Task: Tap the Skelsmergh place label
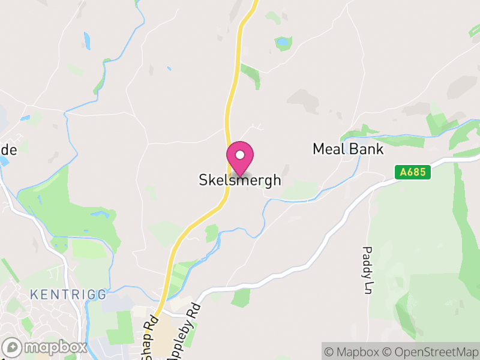[x=240, y=180]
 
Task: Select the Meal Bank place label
[x=348, y=149]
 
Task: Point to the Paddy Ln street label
[x=368, y=270]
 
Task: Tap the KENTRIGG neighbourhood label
[x=68, y=295]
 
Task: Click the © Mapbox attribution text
[x=356, y=352]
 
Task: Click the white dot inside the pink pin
[x=240, y=155]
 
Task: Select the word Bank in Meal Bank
[x=365, y=149]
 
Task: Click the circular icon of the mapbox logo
[x=13, y=347]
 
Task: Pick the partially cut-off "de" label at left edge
[x=8, y=150]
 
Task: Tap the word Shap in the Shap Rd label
[x=148, y=345]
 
